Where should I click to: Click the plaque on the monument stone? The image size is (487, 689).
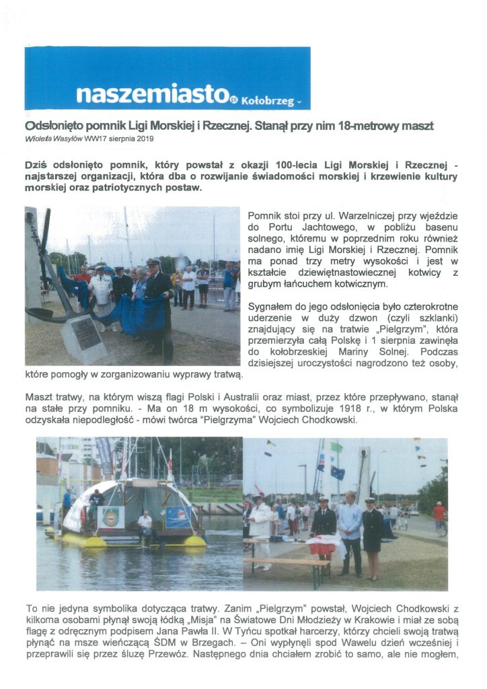point(86,334)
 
